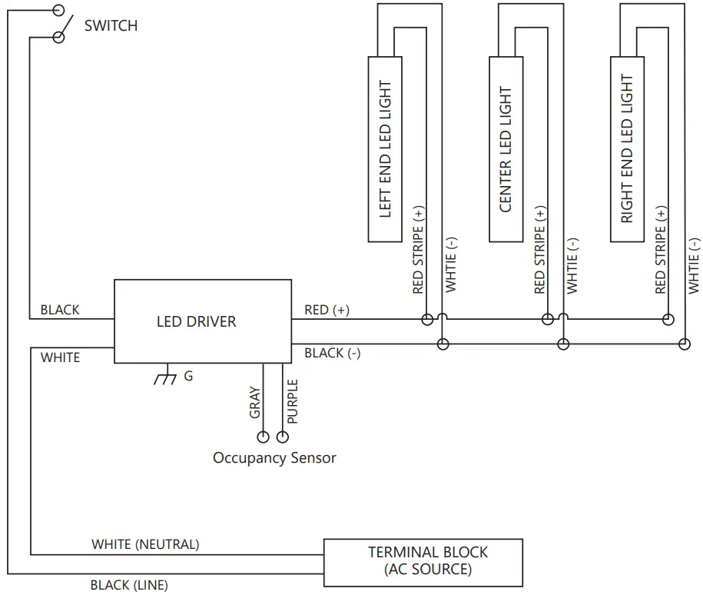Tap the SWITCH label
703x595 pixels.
tap(111, 25)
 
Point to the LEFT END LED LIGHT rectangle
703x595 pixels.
tap(386, 150)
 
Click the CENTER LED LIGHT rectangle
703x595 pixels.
tap(506, 150)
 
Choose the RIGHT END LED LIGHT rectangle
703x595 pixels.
tap(627, 150)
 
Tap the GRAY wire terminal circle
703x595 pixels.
tap(263, 437)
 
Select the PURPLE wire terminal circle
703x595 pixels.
tap(283, 437)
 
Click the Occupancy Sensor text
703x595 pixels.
tap(274, 458)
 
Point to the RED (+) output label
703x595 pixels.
tap(327, 310)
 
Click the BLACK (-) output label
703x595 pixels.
tap(332, 353)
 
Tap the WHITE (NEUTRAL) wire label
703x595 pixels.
tap(145, 544)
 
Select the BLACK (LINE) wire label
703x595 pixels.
tap(129, 585)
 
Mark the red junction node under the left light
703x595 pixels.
tap(426, 319)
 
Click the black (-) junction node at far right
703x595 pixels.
tap(684, 344)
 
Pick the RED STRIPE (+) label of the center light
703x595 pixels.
tap(539, 251)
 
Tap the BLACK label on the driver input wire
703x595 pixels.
tap(60, 310)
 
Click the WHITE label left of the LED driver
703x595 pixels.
tap(60, 357)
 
